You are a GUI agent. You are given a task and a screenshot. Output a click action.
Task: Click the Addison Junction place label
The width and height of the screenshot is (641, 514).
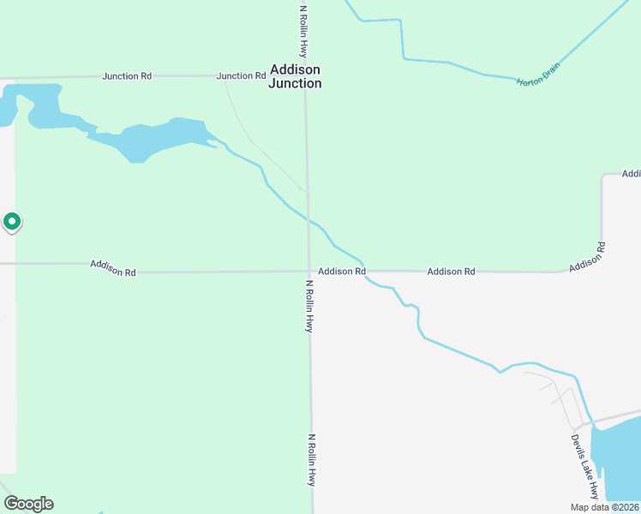(295, 76)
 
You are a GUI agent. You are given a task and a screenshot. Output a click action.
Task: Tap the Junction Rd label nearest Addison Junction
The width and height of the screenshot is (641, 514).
(241, 76)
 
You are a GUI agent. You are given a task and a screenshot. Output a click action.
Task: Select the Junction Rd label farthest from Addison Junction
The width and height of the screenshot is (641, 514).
(127, 76)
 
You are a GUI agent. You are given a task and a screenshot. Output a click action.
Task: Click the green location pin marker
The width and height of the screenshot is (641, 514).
(12, 222)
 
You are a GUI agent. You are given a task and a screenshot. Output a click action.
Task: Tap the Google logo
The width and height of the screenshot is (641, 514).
(28, 504)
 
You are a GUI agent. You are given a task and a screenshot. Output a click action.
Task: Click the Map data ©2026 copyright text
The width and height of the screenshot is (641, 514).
(604, 507)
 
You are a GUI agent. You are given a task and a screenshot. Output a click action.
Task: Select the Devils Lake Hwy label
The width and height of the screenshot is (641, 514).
(584, 466)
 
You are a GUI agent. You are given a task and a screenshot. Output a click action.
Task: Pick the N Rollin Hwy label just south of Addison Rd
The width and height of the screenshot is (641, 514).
(309, 305)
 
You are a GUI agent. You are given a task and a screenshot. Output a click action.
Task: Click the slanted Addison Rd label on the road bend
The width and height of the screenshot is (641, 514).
(587, 257)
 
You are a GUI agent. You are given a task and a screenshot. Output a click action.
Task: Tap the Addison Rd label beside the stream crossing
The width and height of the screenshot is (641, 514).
(342, 272)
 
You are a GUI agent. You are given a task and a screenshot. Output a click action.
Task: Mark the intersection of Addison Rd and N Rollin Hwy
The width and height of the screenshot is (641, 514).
(309, 272)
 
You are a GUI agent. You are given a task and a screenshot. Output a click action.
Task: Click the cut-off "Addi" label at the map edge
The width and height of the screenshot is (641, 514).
(632, 174)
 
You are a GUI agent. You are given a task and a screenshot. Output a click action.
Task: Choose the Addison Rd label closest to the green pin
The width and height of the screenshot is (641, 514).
(113, 268)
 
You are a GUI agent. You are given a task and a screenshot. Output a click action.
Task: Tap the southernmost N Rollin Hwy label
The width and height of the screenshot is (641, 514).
(312, 459)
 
